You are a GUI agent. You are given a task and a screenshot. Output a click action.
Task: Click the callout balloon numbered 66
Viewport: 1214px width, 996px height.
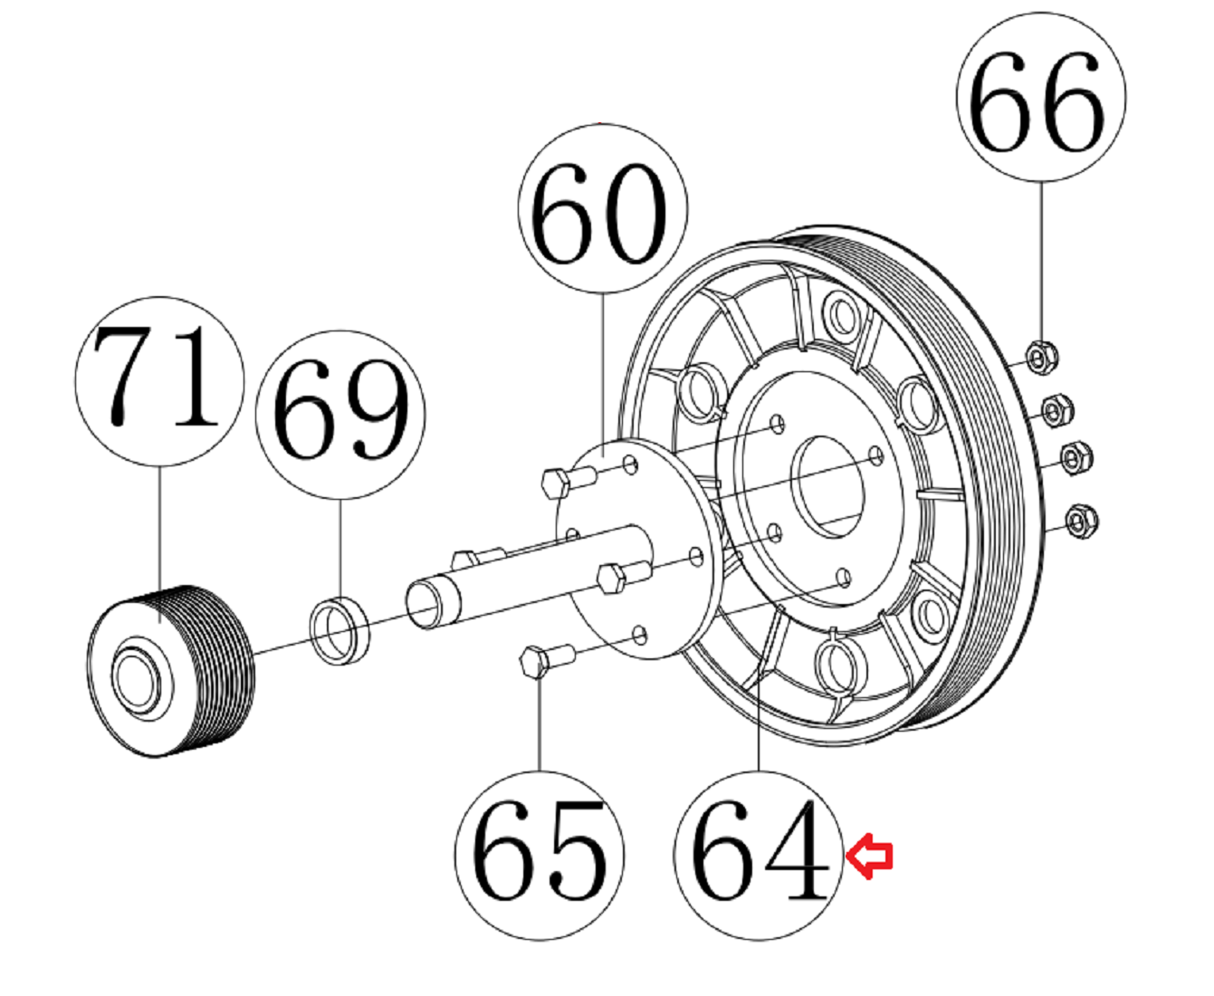1041,97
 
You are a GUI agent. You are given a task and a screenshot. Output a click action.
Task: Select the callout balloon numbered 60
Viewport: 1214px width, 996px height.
603,208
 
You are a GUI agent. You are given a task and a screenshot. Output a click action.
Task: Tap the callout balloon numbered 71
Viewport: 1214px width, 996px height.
159,382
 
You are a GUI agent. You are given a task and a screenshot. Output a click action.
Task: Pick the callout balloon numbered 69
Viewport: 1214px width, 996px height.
340,415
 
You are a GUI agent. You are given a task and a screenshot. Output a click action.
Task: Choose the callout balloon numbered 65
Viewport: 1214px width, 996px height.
540,856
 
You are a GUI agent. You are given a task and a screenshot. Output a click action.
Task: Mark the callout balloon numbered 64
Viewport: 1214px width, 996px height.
758,856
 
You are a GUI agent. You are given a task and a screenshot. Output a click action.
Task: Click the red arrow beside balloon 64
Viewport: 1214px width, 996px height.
869,856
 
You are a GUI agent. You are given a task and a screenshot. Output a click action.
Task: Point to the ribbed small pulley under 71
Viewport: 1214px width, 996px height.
170,671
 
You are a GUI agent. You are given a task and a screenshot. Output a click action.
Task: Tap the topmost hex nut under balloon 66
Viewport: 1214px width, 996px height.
1041,358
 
